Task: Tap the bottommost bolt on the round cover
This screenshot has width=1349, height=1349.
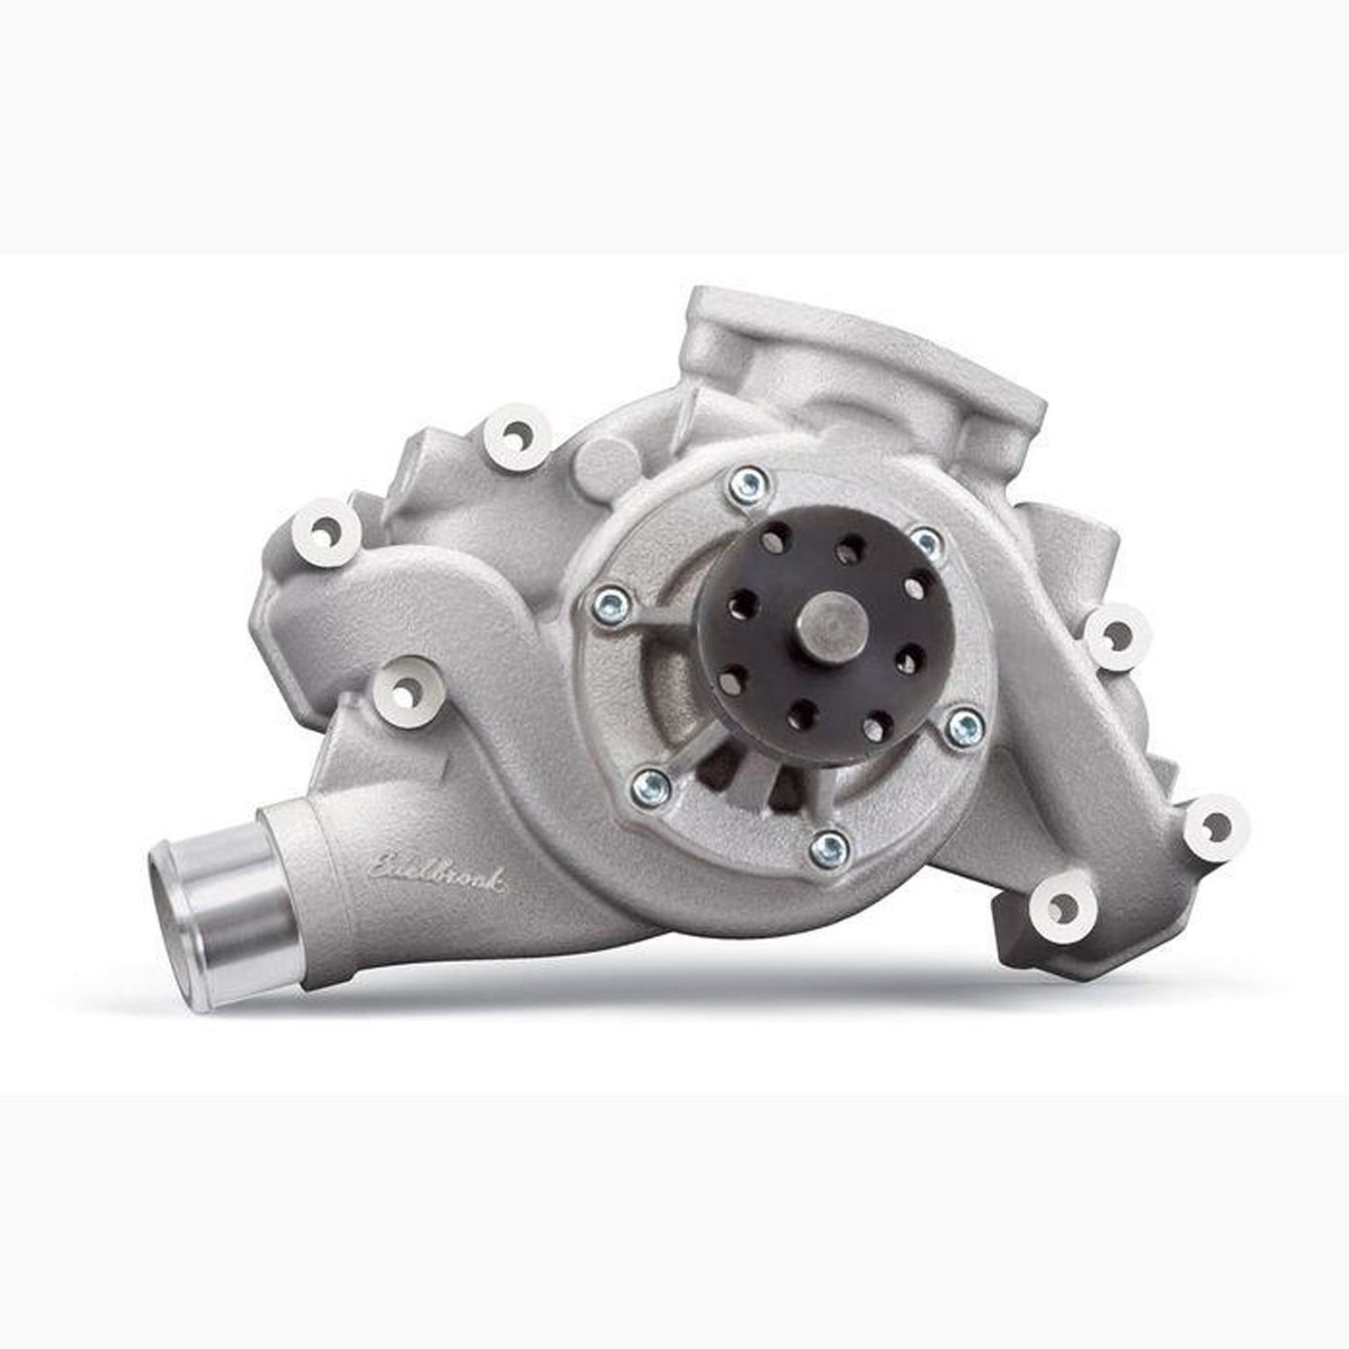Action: coord(827,846)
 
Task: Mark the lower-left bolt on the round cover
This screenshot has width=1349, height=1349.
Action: coord(651,788)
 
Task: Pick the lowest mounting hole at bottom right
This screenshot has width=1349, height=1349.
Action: coord(1061,903)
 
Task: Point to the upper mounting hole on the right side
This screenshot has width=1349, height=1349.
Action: coord(1115,637)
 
